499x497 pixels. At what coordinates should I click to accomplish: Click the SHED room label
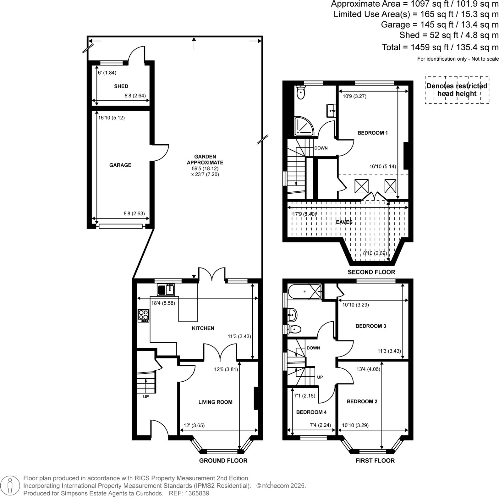click(121, 86)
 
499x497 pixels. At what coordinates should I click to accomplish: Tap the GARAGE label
click(120, 165)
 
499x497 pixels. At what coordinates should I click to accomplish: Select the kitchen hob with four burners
click(144, 316)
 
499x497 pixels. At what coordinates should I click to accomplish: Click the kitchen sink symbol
click(166, 290)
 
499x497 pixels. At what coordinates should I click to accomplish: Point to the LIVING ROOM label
click(215, 402)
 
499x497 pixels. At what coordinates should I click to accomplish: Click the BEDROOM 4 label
click(311, 412)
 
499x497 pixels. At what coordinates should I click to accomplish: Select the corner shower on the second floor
click(303, 126)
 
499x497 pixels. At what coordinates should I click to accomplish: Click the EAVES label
click(344, 222)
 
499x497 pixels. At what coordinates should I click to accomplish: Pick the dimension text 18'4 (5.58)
click(163, 303)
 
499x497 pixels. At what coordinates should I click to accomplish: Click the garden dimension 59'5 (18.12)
click(205, 168)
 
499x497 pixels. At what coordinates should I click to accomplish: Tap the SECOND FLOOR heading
click(371, 272)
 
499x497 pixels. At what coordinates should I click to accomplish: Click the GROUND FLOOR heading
click(223, 461)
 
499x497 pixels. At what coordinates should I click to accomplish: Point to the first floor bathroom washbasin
click(292, 314)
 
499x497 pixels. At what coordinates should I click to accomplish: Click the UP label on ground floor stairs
click(146, 397)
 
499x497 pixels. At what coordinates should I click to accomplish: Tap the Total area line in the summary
click(440, 47)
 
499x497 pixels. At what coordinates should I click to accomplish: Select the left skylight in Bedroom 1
click(361, 186)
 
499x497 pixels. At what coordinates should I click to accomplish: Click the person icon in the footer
click(10, 486)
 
